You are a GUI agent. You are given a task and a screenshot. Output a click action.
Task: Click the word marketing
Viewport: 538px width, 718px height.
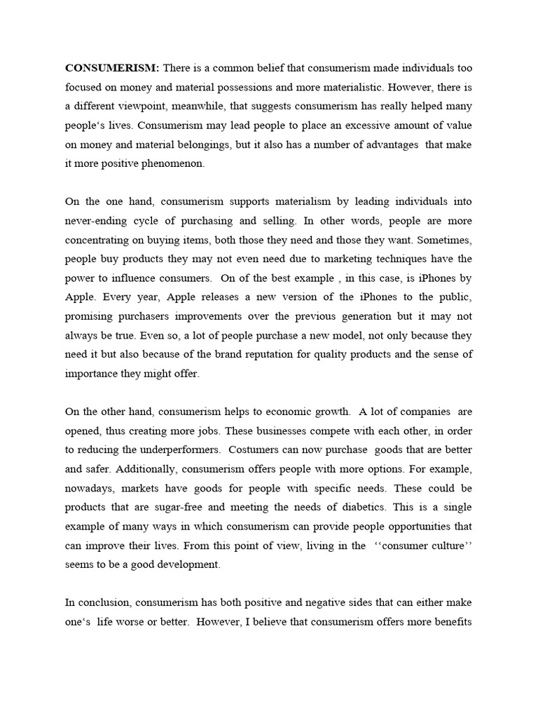point(354,259)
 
